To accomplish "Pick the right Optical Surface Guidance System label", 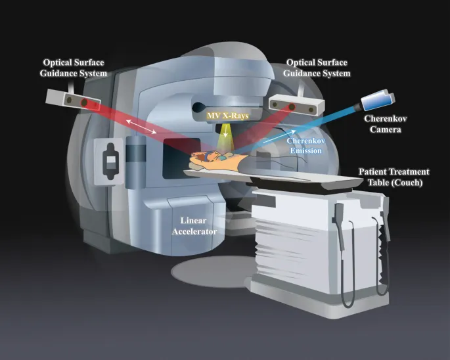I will (317, 68).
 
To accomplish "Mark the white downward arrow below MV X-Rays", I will (227, 132).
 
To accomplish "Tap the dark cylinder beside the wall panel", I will (137, 158).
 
